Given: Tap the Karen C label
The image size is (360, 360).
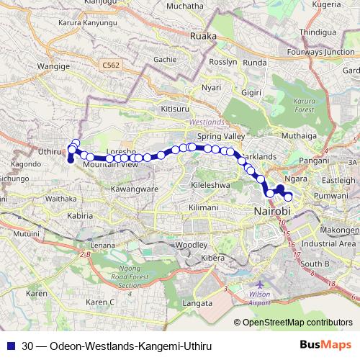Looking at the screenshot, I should (x=101, y=302).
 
